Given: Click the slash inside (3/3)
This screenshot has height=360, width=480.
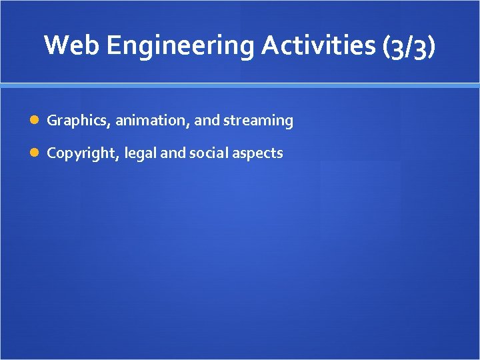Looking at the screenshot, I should pyautogui.click(x=409, y=46).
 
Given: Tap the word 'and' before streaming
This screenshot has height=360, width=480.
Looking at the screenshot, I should pyautogui.click(x=206, y=121).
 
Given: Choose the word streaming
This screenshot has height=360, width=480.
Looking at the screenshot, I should pyautogui.click(x=258, y=121).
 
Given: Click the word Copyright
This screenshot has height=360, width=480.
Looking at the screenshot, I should pyautogui.click(x=81, y=153).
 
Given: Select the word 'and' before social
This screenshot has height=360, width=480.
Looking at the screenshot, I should pyautogui.click(x=173, y=153).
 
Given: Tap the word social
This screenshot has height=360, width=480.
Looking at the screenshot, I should pyautogui.click(x=207, y=153).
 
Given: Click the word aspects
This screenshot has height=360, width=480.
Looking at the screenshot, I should pyautogui.click(x=257, y=153).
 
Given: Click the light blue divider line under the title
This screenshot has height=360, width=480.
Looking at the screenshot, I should pyautogui.click(x=240, y=85).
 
